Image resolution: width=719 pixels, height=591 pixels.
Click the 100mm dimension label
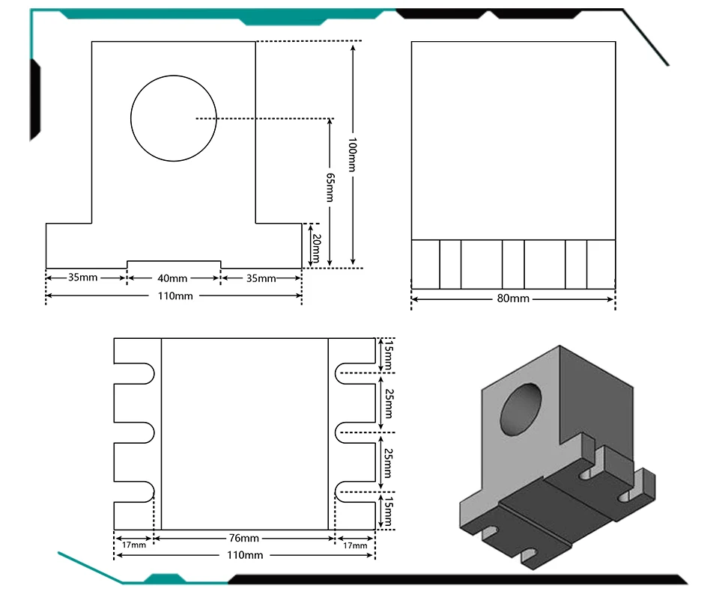pyautogui.click(x=352, y=154)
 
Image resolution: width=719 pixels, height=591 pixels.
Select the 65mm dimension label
pyautogui.click(x=330, y=187)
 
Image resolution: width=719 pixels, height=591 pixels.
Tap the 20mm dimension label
pyautogui.click(x=316, y=248)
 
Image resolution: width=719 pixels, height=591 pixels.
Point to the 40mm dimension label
pyautogui.click(x=172, y=278)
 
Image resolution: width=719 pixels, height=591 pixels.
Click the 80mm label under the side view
pyautogui.click(x=513, y=298)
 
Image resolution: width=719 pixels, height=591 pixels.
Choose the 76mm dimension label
pyautogui.click(x=244, y=538)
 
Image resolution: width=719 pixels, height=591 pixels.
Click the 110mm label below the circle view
pyautogui.click(x=175, y=296)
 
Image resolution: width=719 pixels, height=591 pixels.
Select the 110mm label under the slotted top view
pyautogui.click(x=245, y=555)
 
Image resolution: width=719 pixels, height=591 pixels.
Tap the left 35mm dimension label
pyautogui.click(x=82, y=278)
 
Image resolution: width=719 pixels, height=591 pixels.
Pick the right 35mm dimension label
pyautogui.click(x=261, y=278)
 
